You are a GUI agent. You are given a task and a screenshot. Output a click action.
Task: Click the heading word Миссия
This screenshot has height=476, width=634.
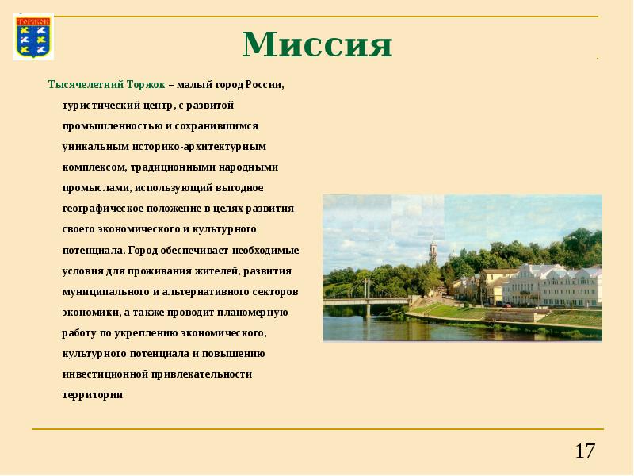click(x=317, y=44)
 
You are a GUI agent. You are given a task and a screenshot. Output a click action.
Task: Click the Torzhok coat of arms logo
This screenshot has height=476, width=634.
click(x=33, y=36)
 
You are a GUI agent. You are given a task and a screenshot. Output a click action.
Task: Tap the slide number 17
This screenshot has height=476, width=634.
click(x=585, y=452)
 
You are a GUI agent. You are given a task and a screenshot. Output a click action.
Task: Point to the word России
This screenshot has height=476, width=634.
click(x=264, y=84)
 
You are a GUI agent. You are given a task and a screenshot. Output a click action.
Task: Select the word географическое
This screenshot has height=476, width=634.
click(x=103, y=209)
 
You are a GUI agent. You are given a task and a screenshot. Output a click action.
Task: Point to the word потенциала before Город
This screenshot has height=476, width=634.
click(x=94, y=250)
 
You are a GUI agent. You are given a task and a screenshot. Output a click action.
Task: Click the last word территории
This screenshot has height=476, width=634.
click(x=93, y=394)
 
